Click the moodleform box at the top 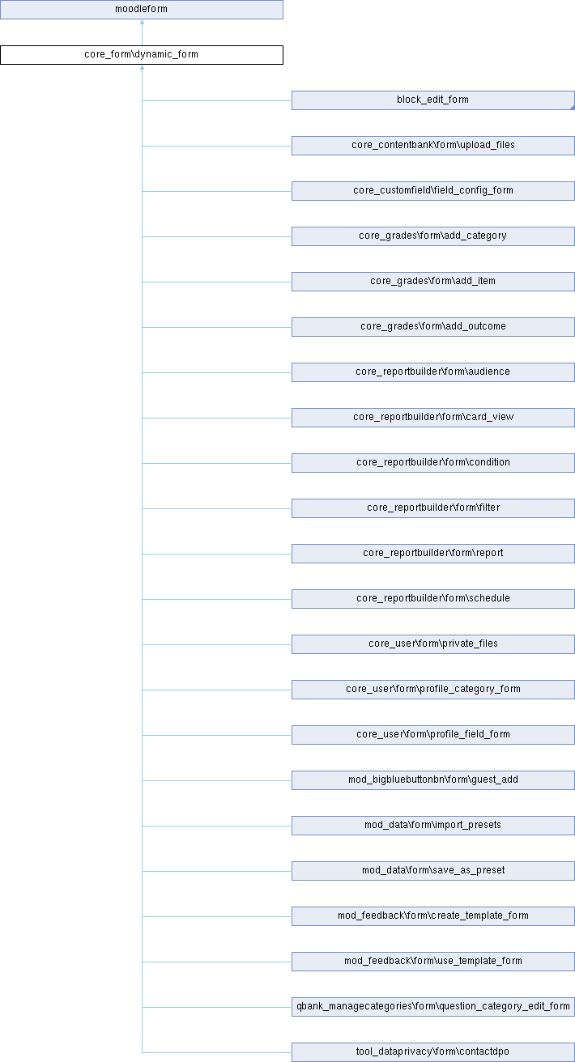coord(142,10)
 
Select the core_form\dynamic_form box coord(142,55)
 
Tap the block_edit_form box coord(432,100)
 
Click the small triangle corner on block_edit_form coord(573,108)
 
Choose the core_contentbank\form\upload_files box coord(432,146)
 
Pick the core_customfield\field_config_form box coord(432,191)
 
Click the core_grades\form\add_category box coord(432,236)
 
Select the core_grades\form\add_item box coord(432,282)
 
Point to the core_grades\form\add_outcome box coord(432,327)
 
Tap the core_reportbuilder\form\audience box coord(432,372)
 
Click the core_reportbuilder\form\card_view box coord(432,418)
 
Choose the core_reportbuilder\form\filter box coord(432,508)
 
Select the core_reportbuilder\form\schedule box coord(432,599)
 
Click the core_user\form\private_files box coord(432,644)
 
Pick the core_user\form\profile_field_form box coord(432,735)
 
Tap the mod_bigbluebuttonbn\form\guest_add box coord(432,780)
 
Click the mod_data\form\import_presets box coord(432,826)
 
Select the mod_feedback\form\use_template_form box coord(432,962)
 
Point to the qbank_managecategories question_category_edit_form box coord(432,1007)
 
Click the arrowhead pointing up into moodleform coord(142,22)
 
